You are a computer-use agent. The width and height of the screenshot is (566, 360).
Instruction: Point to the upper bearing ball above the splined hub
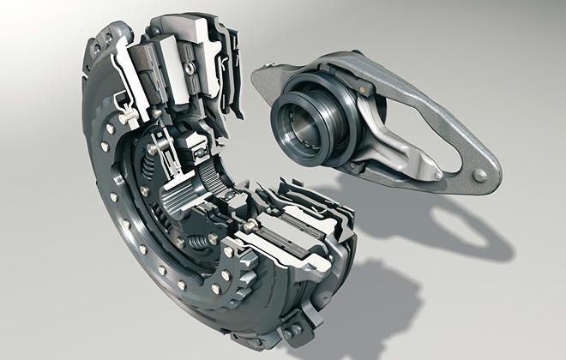[197, 154]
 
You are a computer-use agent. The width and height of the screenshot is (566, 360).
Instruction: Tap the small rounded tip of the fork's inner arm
[437, 176]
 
